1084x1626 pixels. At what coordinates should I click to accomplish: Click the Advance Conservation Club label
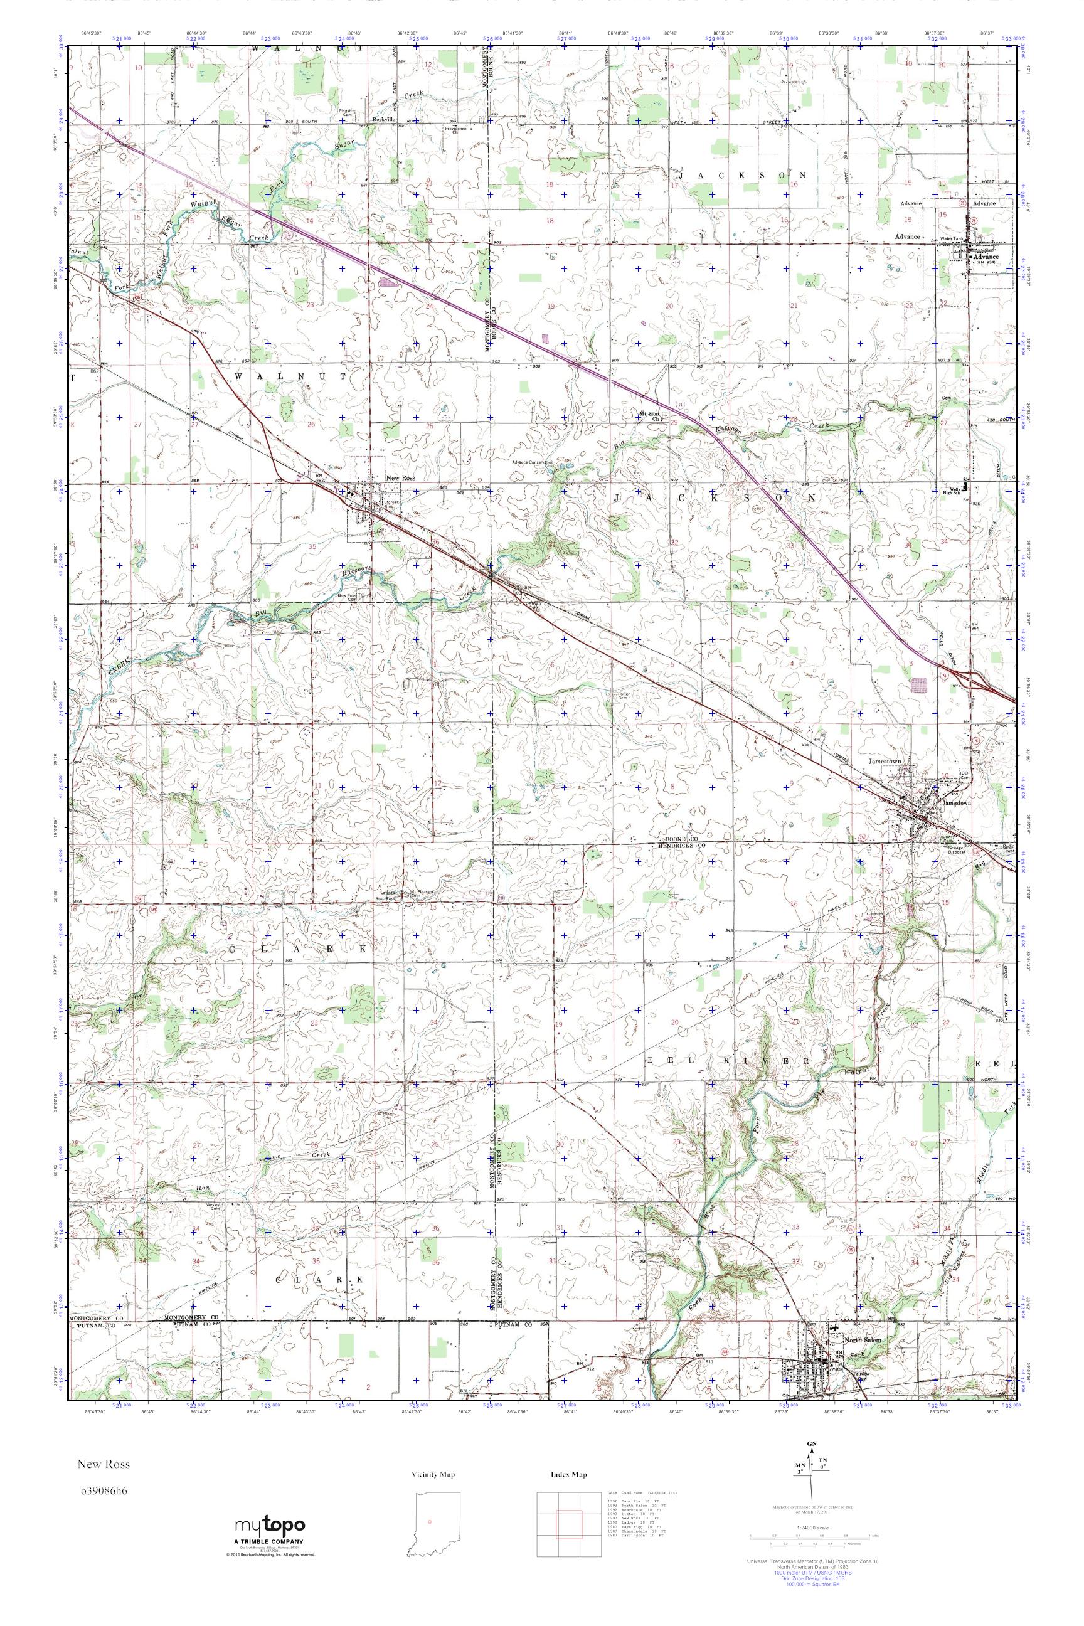click(x=533, y=462)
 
